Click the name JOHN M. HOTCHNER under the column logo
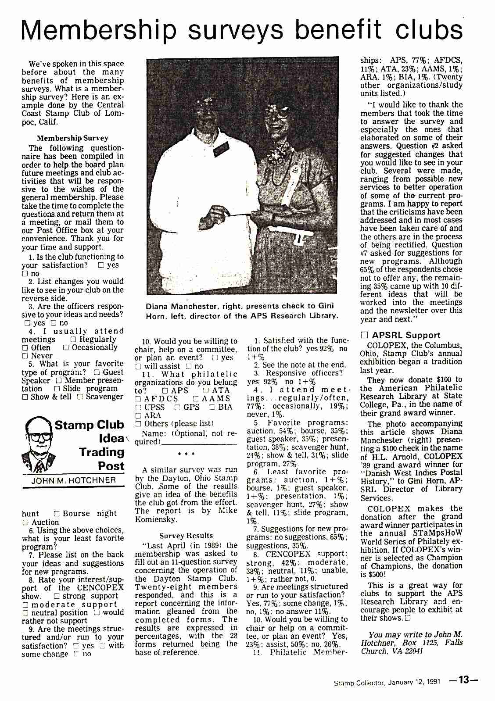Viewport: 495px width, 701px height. pos(73,480)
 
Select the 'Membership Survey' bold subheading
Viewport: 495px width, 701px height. pos(72,138)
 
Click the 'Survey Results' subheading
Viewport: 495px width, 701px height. pos(186,536)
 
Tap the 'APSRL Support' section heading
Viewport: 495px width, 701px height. pos(406,335)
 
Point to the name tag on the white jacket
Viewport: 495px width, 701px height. pos(222,149)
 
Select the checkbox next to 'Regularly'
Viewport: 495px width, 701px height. pos(73,340)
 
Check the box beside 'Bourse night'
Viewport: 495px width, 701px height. pos(56,514)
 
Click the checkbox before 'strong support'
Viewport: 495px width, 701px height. pos(56,596)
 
